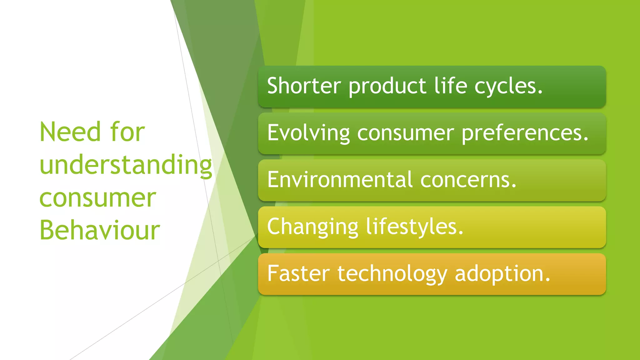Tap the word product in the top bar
[387, 86]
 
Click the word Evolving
[308, 133]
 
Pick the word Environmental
[340, 180]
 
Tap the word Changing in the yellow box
[312, 227]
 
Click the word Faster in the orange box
[298, 274]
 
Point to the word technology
[392, 274]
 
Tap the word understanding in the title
[126, 165]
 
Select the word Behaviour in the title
[99, 230]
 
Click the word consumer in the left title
[97, 198]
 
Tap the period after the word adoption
[547, 280]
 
